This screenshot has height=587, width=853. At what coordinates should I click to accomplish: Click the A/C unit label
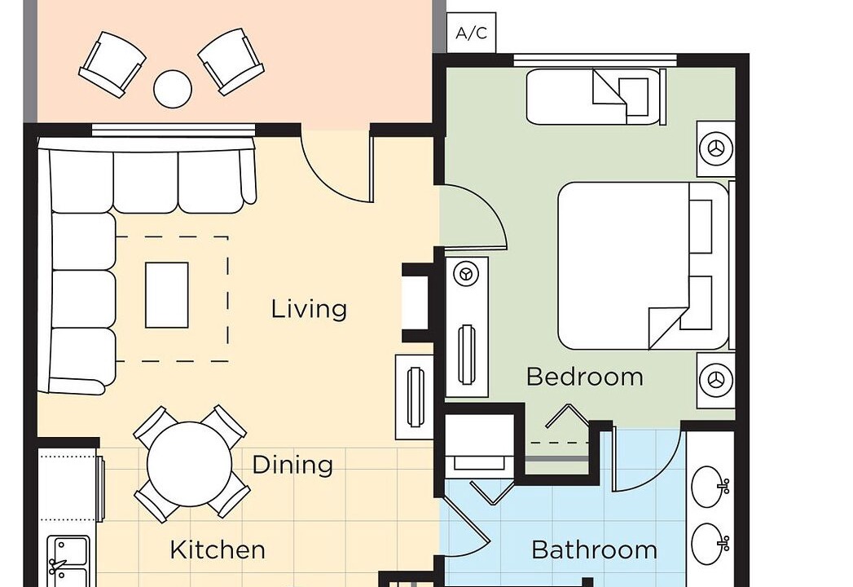(471, 33)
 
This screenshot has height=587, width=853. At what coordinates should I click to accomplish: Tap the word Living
(309, 309)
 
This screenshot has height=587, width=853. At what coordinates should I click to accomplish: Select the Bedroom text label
(585, 377)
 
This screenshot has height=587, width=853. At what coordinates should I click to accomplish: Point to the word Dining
(292, 465)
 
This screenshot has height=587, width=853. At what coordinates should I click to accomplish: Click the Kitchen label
(218, 550)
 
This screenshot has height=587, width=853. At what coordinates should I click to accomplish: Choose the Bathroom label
(594, 550)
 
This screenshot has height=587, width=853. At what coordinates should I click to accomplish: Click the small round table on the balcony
(173, 88)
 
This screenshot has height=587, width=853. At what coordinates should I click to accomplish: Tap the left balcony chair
(112, 64)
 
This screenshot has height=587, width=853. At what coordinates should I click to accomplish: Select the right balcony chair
(231, 61)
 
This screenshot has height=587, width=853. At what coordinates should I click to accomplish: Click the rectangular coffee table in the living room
(167, 295)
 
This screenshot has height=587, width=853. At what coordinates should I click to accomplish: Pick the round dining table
(189, 465)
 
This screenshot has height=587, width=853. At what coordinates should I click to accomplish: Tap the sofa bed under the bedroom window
(596, 96)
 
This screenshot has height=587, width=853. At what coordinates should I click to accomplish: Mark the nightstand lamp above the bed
(716, 148)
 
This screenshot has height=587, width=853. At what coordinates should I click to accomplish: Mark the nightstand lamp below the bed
(716, 380)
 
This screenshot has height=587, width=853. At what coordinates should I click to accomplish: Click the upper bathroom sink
(710, 487)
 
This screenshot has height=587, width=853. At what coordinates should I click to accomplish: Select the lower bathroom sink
(710, 544)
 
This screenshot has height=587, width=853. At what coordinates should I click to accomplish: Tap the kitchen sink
(68, 561)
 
